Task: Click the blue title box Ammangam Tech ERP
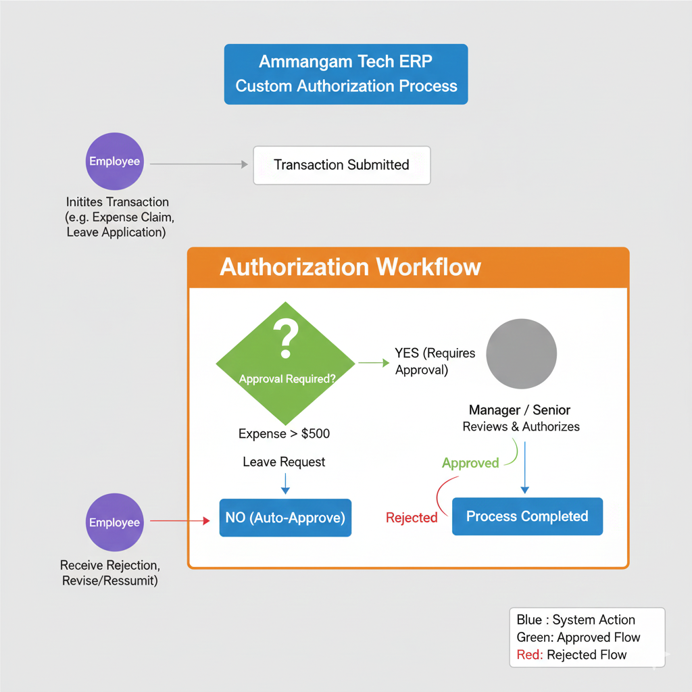(346, 74)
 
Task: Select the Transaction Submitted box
(341, 165)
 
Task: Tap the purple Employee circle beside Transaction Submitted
(115, 162)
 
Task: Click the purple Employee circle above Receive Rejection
(115, 522)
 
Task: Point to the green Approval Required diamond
(286, 364)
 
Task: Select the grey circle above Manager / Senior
(521, 354)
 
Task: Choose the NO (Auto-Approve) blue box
(285, 518)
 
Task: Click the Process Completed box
(527, 517)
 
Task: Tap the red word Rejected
(412, 518)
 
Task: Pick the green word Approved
(470, 464)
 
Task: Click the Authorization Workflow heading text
(350, 267)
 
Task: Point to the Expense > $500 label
(285, 434)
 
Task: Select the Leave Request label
(284, 462)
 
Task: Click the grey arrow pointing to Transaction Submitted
(196, 164)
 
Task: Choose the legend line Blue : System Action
(576, 620)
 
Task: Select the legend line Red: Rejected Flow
(572, 655)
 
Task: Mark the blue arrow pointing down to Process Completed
(525, 466)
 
